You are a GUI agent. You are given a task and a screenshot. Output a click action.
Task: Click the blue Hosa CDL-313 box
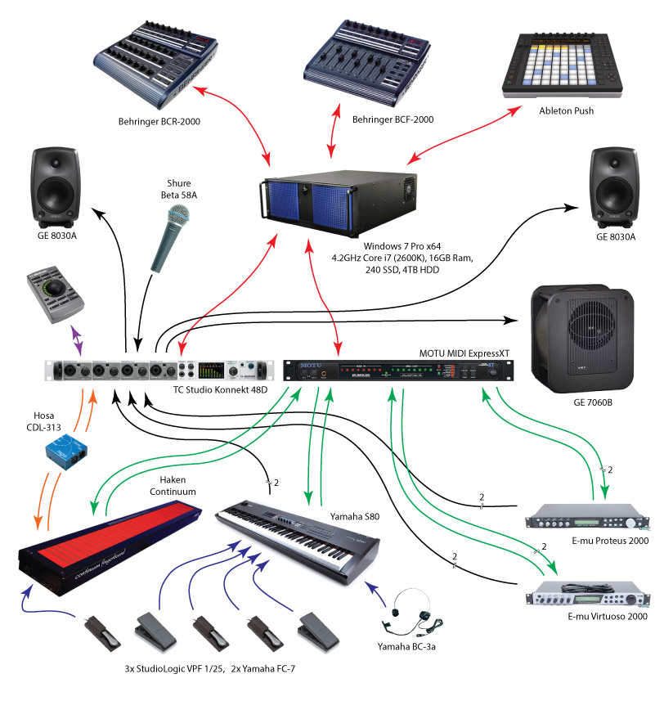(x=66, y=447)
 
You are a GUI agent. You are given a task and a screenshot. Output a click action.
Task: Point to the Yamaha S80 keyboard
(x=298, y=545)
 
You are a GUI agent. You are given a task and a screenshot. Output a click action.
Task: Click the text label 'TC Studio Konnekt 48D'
(x=220, y=390)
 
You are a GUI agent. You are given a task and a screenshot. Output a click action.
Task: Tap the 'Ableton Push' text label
(x=566, y=110)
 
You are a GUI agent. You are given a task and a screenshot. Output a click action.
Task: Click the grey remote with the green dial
(x=54, y=292)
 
